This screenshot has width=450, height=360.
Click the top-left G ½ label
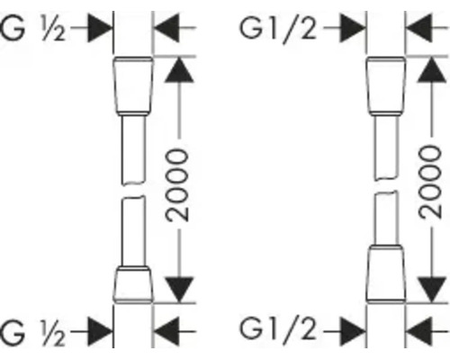pyautogui.click(x=32, y=29)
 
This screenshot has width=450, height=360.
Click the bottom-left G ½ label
pyautogui.click(x=32, y=333)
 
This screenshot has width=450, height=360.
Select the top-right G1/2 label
pyautogui.click(x=278, y=30)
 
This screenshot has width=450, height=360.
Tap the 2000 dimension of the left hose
pyautogui.click(x=177, y=185)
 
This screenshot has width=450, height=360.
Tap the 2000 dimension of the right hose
pyautogui.click(x=430, y=182)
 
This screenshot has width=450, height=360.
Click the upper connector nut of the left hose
pyautogui.click(x=133, y=85)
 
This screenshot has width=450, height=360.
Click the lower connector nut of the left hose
pyautogui.click(x=133, y=284)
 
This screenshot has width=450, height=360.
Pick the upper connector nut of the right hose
pyautogui.click(x=386, y=85)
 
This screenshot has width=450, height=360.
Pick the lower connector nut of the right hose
pyautogui.click(x=386, y=274)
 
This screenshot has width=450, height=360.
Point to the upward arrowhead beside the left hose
pyautogui.click(x=179, y=70)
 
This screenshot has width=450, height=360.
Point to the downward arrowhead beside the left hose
pyautogui.click(x=179, y=290)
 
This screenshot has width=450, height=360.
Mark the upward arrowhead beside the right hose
pyautogui.click(x=432, y=70)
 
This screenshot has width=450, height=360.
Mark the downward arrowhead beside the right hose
pyautogui.click(x=432, y=290)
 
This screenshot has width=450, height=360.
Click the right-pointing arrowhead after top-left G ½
pyautogui.click(x=100, y=28)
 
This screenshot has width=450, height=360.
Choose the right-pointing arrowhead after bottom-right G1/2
pyautogui.click(x=353, y=331)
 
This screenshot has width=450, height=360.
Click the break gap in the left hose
pyautogui.click(x=133, y=189)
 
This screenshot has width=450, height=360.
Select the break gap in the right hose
pyautogui.click(x=386, y=185)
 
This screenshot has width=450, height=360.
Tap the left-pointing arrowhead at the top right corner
pyautogui.click(x=418, y=28)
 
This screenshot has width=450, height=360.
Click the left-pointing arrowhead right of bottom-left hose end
pyautogui.click(x=166, y=331)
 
